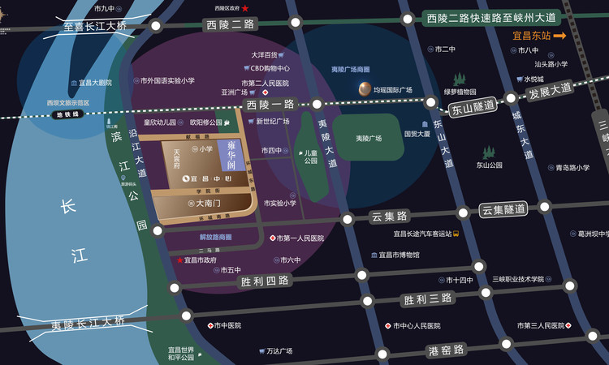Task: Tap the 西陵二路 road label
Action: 231,24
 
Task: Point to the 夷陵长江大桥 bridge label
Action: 89,322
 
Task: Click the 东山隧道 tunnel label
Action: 473,107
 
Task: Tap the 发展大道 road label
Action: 551,91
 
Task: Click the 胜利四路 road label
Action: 265,281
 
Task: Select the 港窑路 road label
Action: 446,350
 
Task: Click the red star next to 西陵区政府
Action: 245,8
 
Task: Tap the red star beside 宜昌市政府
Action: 179,260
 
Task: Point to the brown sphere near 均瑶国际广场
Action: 365,89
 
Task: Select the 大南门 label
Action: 209,203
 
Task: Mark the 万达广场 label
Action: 279,351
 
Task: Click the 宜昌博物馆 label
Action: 399,255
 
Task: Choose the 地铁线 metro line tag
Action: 67,114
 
